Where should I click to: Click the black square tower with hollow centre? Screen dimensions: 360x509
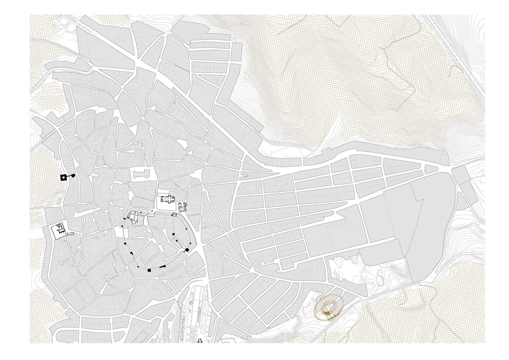point(63,177)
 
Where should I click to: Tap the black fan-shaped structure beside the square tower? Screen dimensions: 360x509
point(73,176)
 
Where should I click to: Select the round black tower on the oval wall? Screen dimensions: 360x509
point(187,250)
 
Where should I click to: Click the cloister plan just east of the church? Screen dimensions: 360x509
point(182,207)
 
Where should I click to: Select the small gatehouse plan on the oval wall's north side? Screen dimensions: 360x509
point(174,215)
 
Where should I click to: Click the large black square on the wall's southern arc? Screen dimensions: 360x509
point(149,270)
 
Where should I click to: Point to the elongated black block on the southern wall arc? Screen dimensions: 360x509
point(162,267)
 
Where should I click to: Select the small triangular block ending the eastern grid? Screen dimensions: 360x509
point(431,169)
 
